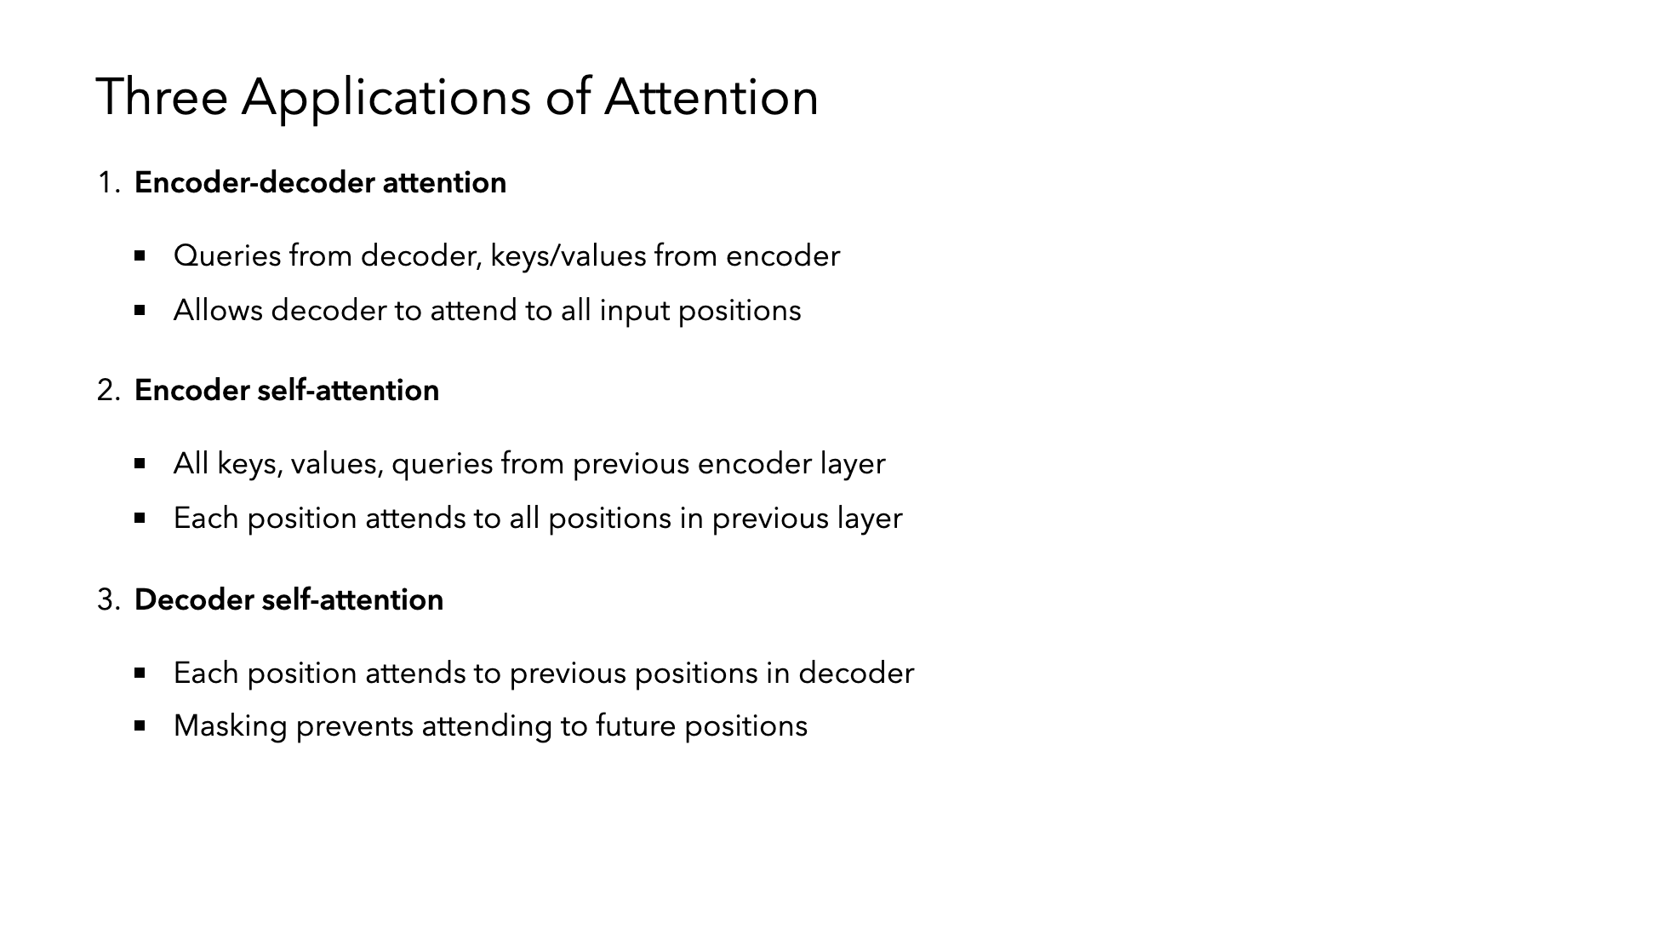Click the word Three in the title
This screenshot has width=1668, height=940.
pyautogui.click(x=162, y=96)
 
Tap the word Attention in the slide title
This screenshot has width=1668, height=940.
pyautogui.click(x=711, y=96)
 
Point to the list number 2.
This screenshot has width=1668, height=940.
pyautogui.click(x=109, y=390)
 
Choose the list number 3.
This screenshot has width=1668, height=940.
pyautogui.click(x=109, y=599)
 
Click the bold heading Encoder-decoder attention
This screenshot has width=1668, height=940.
pyautogui.click(x=320, y=182)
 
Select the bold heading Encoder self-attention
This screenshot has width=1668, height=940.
pyautogui.click(x=287, y=390)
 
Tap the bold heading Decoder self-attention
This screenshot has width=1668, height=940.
pyautogui.click(x=288, y=599)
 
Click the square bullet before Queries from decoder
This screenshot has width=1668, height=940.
pyautogui.click(x=140, y=255)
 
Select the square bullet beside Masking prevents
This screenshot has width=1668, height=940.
pyautogui.click(x=140, y=725)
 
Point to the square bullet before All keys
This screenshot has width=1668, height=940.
pyautogui.click(x=140, y=463)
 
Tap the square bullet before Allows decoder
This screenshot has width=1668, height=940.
pyautogui.click(x=140, y=310)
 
